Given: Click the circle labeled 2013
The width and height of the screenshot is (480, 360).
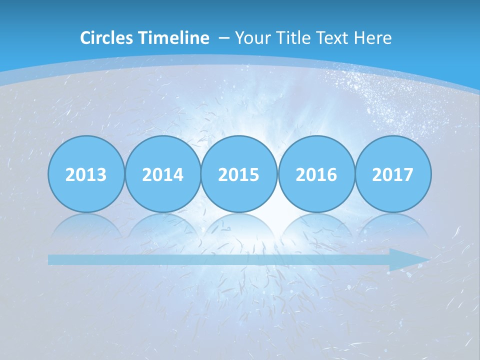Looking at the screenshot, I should pos(86,174).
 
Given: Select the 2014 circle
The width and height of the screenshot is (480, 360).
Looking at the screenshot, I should pos(163,174).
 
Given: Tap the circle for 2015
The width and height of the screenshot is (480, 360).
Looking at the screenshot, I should pos(239,174).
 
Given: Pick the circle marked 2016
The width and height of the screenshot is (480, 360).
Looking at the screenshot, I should pos(316,174).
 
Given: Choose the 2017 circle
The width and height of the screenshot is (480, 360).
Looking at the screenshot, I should pos(393,174).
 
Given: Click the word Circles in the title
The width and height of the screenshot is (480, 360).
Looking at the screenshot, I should pos(106,38).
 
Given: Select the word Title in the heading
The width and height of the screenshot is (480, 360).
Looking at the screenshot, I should pos(287,38).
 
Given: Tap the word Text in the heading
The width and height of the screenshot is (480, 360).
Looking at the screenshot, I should pos(328,38).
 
